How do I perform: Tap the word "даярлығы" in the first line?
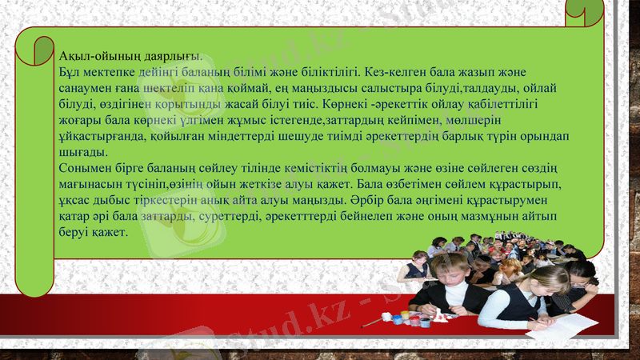171,56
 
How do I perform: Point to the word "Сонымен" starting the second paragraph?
84,168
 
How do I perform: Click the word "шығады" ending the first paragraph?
82,152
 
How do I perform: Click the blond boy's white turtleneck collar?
455,292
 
